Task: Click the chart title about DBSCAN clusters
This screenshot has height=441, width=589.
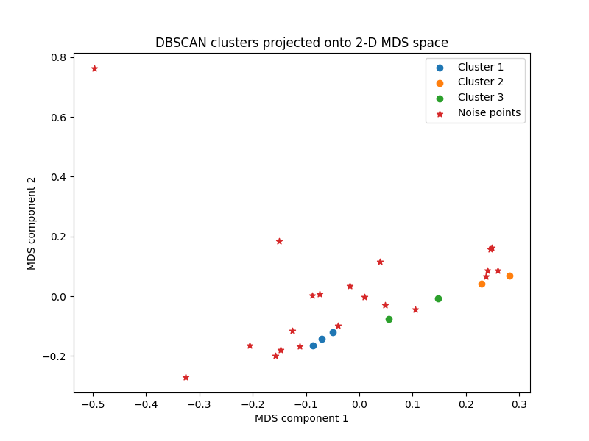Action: pos(301,43)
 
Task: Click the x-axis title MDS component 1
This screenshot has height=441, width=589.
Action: pos(301,418)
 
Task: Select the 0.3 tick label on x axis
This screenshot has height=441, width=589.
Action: pos(519,404)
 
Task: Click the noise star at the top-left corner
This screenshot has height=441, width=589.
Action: pos(94,68)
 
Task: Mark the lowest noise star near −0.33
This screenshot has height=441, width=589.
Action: pos(186,377)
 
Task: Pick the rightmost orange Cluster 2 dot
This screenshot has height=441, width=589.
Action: pos(509,276)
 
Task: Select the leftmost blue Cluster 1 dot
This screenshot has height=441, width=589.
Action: pos(313,345)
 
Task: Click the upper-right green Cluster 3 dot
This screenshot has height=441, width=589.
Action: pos(438,298)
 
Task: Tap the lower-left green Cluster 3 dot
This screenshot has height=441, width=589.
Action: pos(389,319)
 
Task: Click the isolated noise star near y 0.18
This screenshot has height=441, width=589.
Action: pos(279,241)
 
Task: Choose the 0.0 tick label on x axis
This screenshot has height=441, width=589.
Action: pos(359,404)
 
